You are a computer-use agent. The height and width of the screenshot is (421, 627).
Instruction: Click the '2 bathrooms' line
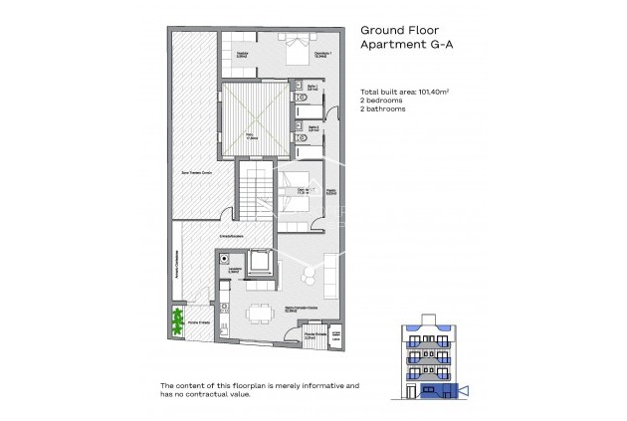382,107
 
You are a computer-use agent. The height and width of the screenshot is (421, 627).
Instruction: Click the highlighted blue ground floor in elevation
428,388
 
